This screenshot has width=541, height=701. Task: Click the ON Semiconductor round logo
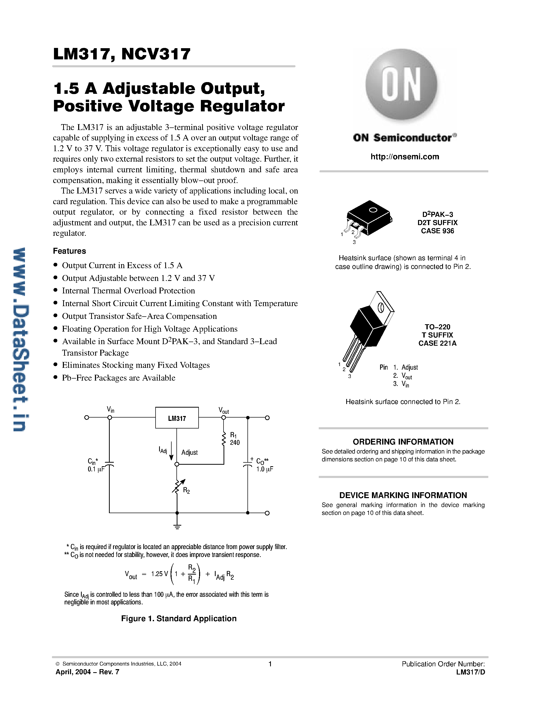click(401, 84)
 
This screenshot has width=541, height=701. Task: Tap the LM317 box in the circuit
click(177, 418)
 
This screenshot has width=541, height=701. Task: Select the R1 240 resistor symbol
click(224, 439)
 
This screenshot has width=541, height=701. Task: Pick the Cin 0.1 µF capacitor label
click(95, 465)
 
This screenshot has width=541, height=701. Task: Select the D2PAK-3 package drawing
click(369, 218)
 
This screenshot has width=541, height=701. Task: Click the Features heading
click(70, 251)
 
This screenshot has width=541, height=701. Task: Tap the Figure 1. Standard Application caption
click(179, 618)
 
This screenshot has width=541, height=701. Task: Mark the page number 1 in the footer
click(270, 664)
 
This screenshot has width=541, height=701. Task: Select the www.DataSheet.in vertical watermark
click(19, 340)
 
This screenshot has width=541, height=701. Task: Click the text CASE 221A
click(437, 343)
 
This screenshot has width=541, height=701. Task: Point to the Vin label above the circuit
click(110, 410)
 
